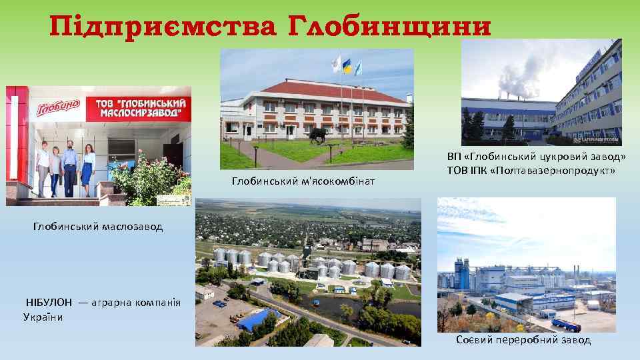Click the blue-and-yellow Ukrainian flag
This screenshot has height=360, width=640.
347,66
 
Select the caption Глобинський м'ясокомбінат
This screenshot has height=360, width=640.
303,181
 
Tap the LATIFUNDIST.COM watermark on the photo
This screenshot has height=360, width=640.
597,140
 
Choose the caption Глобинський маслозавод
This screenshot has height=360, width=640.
98,227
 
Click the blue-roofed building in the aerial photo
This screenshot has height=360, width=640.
259,319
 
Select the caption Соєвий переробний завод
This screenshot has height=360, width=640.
523,340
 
